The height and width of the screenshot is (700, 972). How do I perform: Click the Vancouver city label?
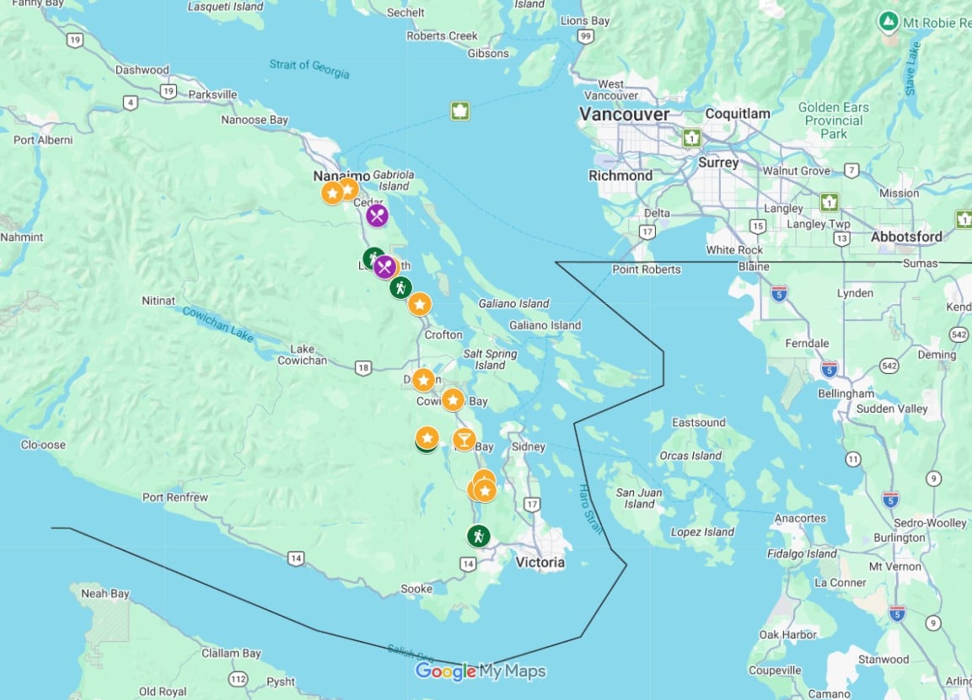click(x=624, y=114)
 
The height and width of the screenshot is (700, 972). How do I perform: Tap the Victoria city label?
click(x=540, y=563)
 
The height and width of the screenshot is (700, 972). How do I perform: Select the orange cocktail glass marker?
click(x=464, y=439)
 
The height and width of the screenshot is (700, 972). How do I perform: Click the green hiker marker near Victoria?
click(x=479, y=536)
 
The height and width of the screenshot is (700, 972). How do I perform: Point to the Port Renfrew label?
click(x=175, y=497)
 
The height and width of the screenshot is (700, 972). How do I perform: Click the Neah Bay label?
click(x=105, y=593)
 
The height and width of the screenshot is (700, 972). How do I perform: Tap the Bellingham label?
click(x=845, y=393)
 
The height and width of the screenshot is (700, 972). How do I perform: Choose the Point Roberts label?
click(x=647, y=270)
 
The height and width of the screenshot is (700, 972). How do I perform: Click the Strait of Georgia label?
click(x=309, y=68)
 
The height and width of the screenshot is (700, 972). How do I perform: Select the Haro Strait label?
click(x=592, y=509)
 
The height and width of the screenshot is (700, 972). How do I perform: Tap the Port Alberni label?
click(x=43, y=140)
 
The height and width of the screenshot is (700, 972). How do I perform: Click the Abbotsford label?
click(x=906, y=237)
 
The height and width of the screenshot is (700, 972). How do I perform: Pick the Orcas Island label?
click(x=690, y=456)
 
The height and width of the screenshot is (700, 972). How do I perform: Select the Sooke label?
click(x=416, y=589)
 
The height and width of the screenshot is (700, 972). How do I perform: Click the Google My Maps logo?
click(x=481, y=671)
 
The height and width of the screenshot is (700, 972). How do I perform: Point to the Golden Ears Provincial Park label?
click(x=833, y=120)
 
